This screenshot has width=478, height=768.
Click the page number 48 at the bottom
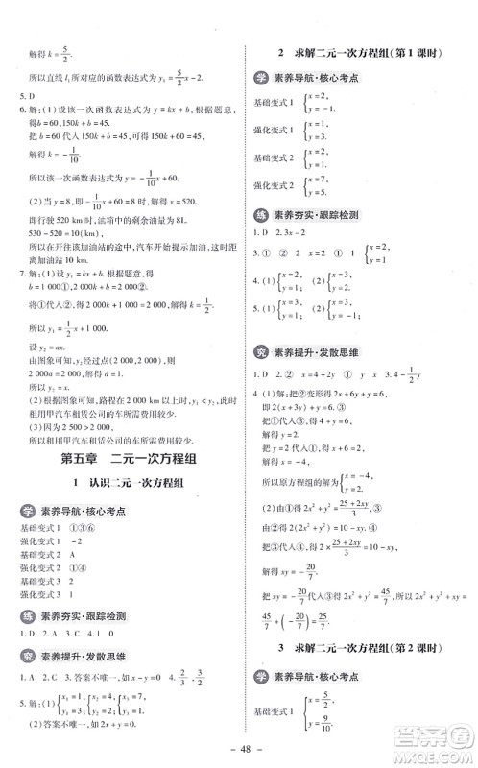click(239, 751)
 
